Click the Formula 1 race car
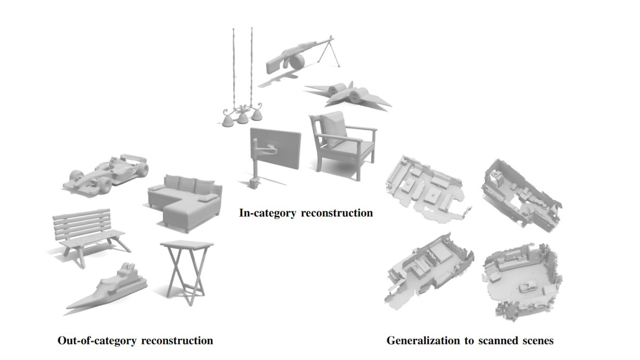click(106, 175)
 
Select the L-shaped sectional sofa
click(185, 202)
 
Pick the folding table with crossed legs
click(187, 271)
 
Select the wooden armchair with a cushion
click(343, 145)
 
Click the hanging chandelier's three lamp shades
click(242, 118)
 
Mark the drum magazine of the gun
click(297, 61)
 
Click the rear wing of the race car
click(133, 158)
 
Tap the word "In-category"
click(267, 213)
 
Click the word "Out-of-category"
click(98, 341)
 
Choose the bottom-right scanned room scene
click(523, 282)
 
